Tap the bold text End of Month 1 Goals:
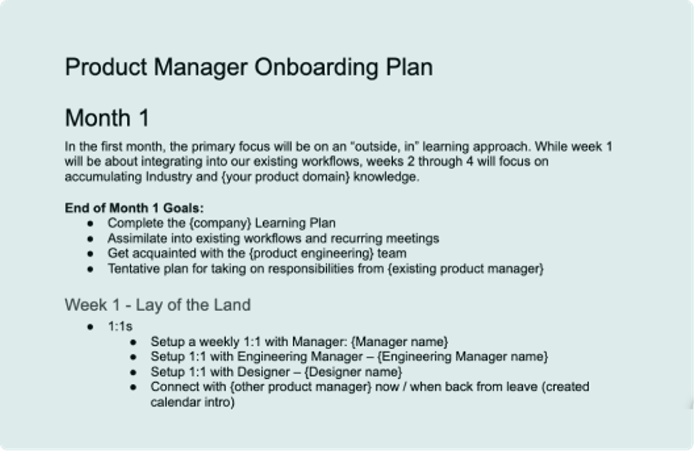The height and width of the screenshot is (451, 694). tap(135, 207)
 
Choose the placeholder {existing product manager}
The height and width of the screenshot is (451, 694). tap(466, 269)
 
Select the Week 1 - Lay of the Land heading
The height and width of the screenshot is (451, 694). tap(158, 305)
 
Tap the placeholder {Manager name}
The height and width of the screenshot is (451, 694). tap(400, 341)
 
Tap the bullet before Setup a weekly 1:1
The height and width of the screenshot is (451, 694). tap(133, 341)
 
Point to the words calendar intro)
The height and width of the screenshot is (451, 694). tap(193, 402)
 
